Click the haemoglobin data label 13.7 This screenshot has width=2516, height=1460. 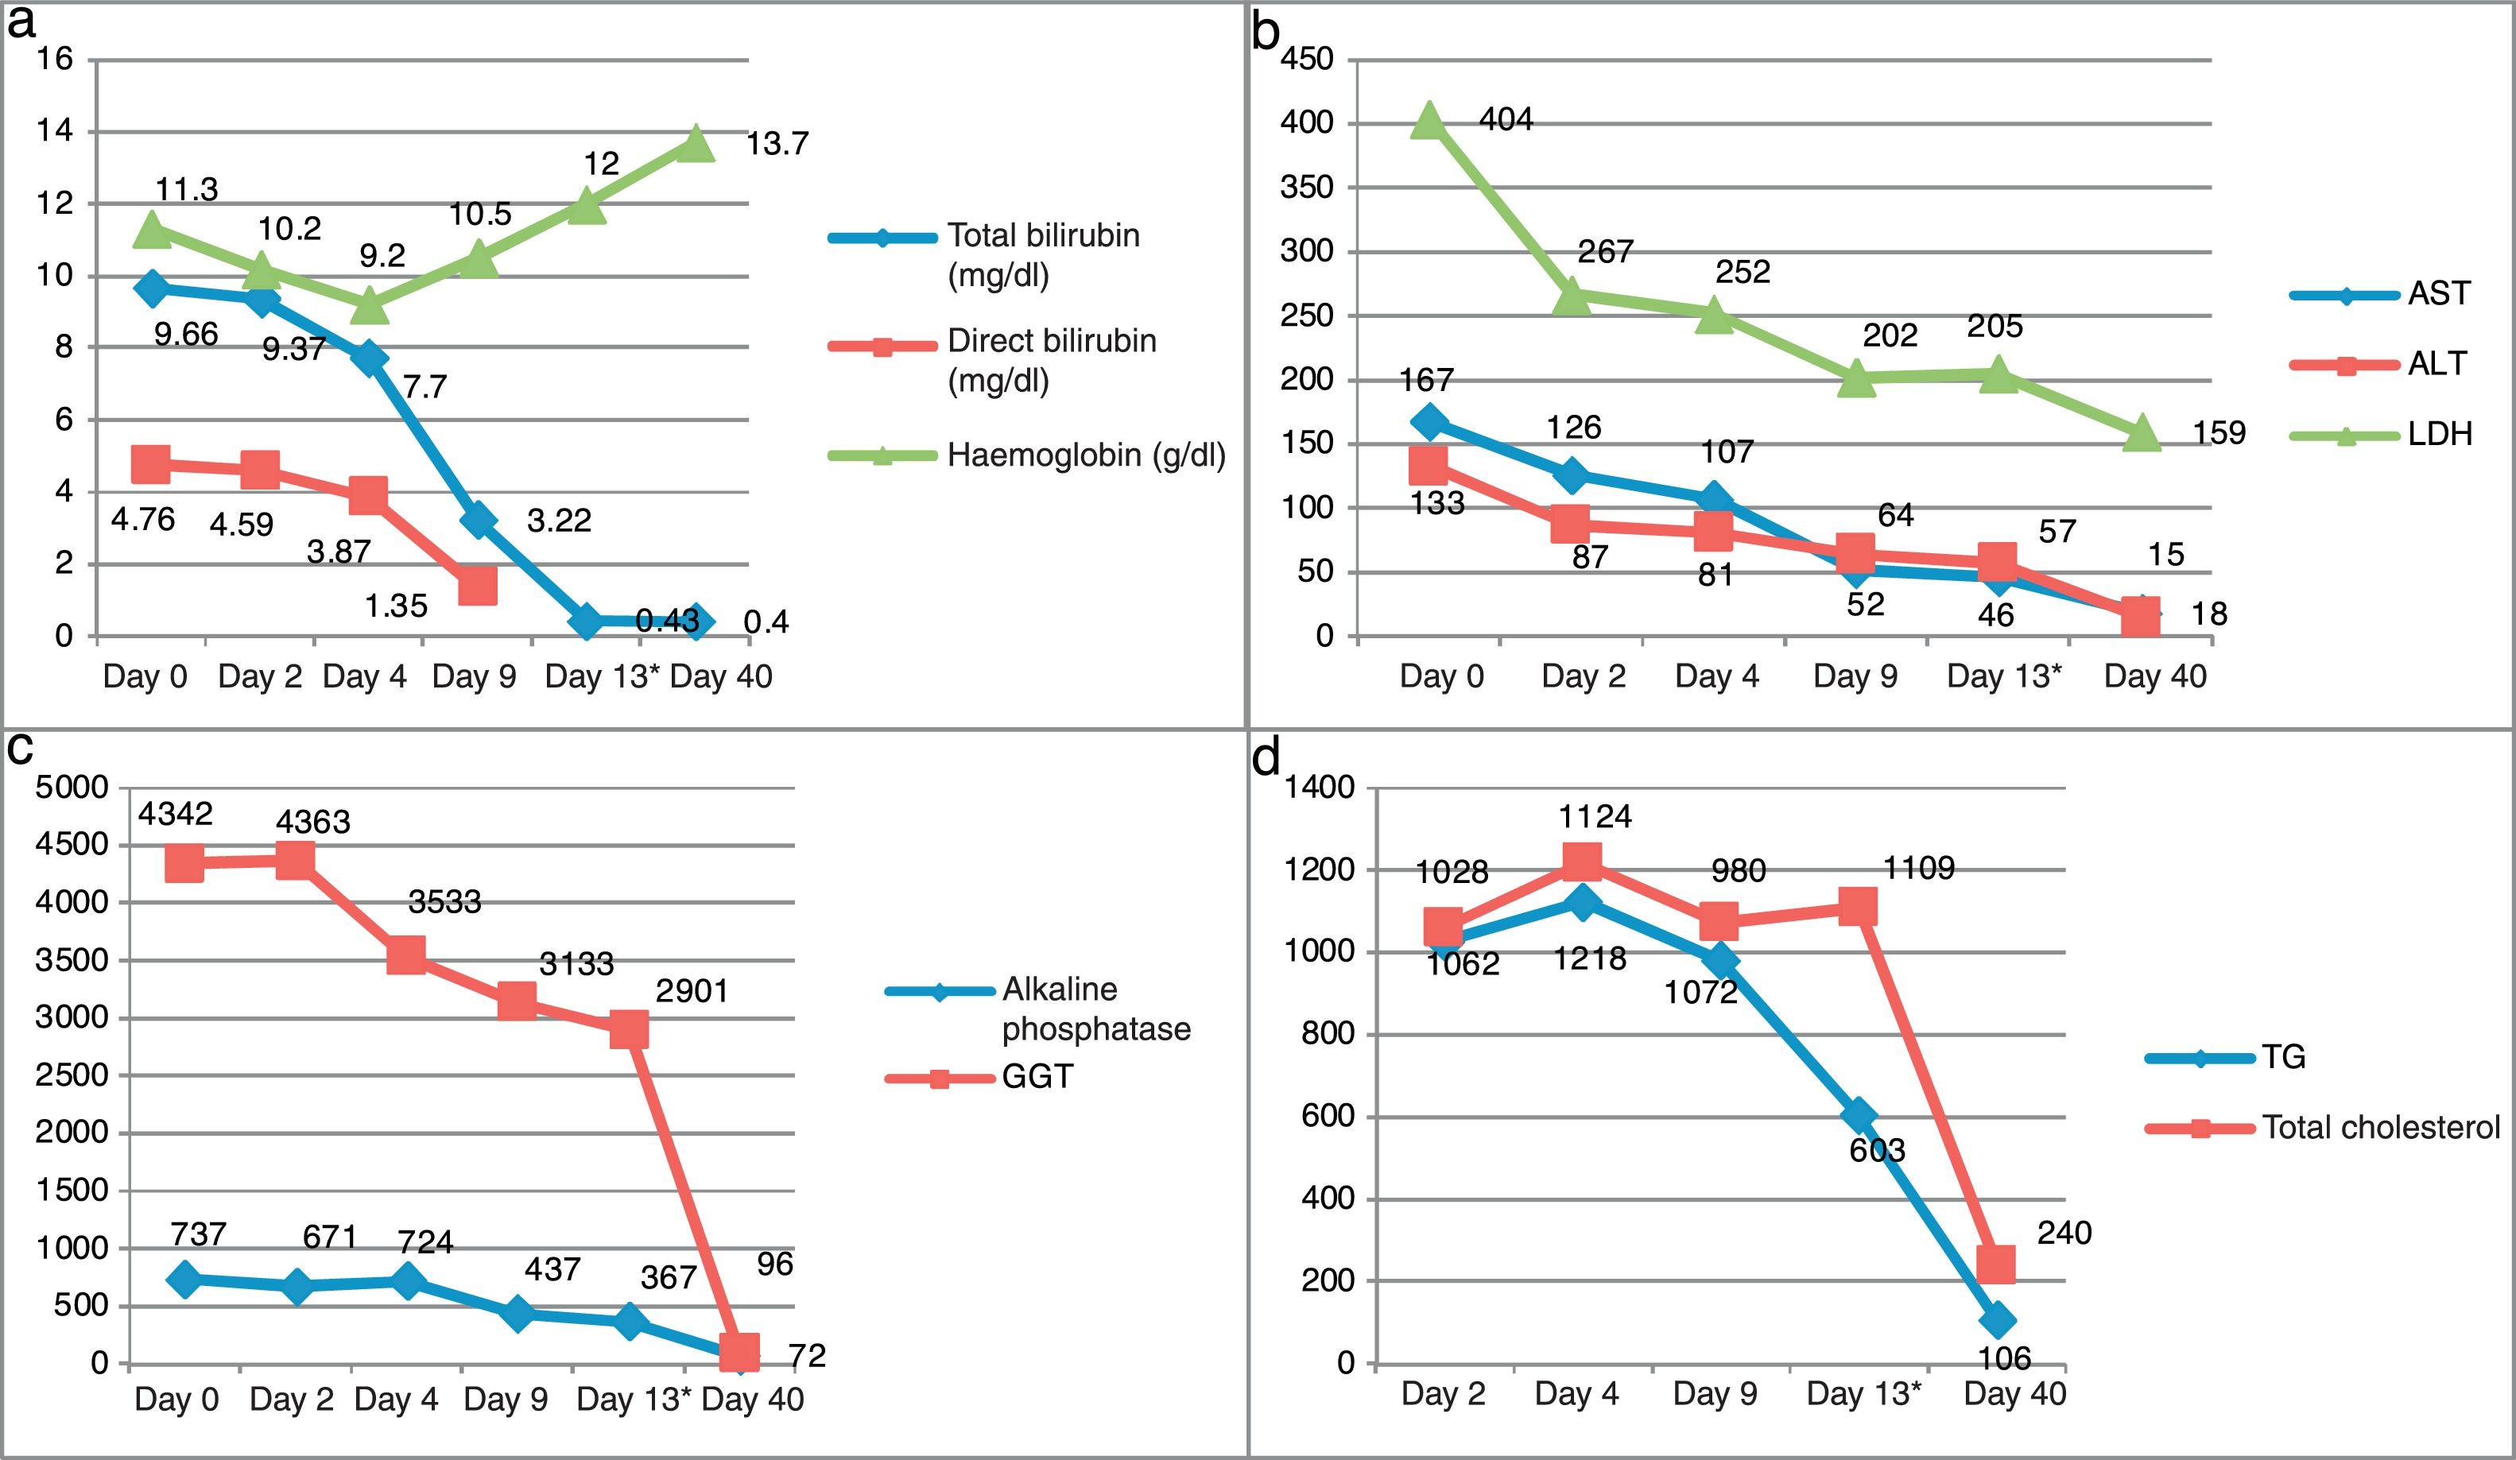777,145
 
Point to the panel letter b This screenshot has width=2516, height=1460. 1266,32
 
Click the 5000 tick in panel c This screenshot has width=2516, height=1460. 72,788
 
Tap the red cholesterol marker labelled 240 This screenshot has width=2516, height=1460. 1995,1264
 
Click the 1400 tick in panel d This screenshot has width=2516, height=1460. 1319,788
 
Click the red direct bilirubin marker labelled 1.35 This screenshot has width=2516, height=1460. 477,586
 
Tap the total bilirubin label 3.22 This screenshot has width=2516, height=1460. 559,521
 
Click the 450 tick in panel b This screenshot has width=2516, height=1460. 1307,60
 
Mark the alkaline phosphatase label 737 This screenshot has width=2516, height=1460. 198,1234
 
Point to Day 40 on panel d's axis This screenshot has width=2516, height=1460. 2014,1394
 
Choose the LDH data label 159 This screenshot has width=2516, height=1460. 2219,433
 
